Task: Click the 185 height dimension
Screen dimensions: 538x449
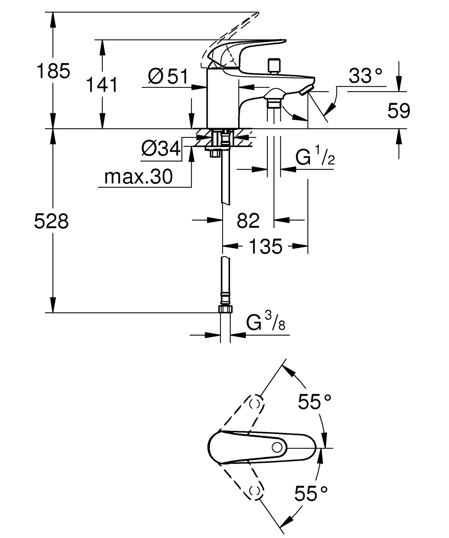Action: [x=53, y=71]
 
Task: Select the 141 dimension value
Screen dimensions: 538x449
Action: [x=102, y=85]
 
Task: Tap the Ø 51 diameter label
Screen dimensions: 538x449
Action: [x=168, y=76]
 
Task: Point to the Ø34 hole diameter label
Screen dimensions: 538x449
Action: [x=161, y=149]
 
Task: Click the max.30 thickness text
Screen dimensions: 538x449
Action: [x=138, y=177]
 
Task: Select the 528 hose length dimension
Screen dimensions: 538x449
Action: [x=52, y=221]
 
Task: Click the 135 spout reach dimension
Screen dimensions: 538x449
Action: [x=265, y=246]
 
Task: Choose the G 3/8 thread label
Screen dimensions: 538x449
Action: [x=266, y=322]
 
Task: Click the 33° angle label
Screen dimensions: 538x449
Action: [x=365, y=76]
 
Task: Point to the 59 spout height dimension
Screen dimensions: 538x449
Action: [x=399, y=111]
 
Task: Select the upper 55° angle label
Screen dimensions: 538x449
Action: [x=314, y=402]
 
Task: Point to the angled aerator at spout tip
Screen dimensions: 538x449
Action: [x=307, y=90]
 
